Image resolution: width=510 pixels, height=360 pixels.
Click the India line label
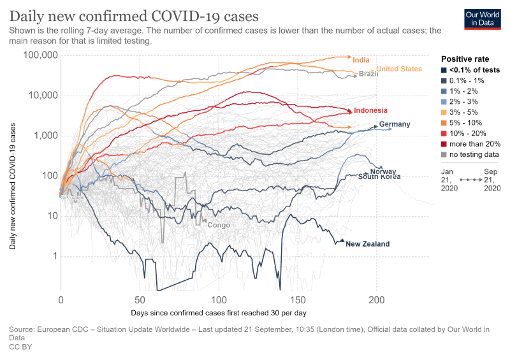coord(361,60)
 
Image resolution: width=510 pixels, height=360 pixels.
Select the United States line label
coord(399,69)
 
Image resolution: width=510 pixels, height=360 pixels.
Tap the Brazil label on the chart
coord(368,74)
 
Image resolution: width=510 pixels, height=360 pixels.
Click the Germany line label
coord(395,124)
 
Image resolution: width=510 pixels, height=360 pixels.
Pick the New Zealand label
coord(367,244)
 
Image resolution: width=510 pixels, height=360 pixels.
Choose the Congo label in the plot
coord(219,225)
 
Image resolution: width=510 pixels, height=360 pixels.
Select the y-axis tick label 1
coord(54,256)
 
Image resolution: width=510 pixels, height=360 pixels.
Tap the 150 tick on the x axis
coord(298,299)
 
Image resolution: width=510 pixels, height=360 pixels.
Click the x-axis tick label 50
coord(140,299)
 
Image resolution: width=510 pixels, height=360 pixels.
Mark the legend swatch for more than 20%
coord(444,144)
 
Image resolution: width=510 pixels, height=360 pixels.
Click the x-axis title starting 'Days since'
coord(219,313)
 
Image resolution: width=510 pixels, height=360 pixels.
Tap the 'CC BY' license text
coord(20,347)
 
